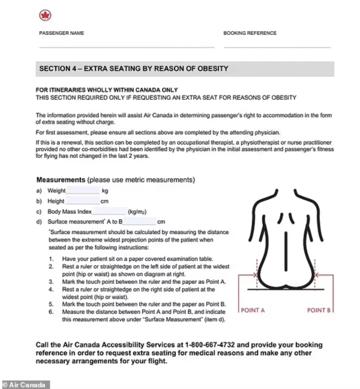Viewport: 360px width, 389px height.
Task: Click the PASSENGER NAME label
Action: tap(62, 33)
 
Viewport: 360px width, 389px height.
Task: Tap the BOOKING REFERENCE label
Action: tap(251, 33)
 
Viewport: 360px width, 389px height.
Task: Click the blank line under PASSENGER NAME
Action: tap(126, 46)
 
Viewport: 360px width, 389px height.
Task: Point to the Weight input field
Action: tap(83, 190)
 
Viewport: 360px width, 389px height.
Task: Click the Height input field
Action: tap(82, 201)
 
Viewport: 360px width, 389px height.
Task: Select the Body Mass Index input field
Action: tap(109, 212)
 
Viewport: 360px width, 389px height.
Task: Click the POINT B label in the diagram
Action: tap(319, 310)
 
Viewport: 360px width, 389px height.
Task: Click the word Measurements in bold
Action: tap(61, 179)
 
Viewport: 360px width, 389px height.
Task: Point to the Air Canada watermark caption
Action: tap(25, 384)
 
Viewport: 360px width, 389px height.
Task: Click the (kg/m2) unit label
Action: tap(139, 212)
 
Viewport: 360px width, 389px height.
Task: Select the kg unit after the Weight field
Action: tap(105, 190)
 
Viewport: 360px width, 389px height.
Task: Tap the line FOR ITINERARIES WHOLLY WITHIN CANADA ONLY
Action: tap(107, 90)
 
